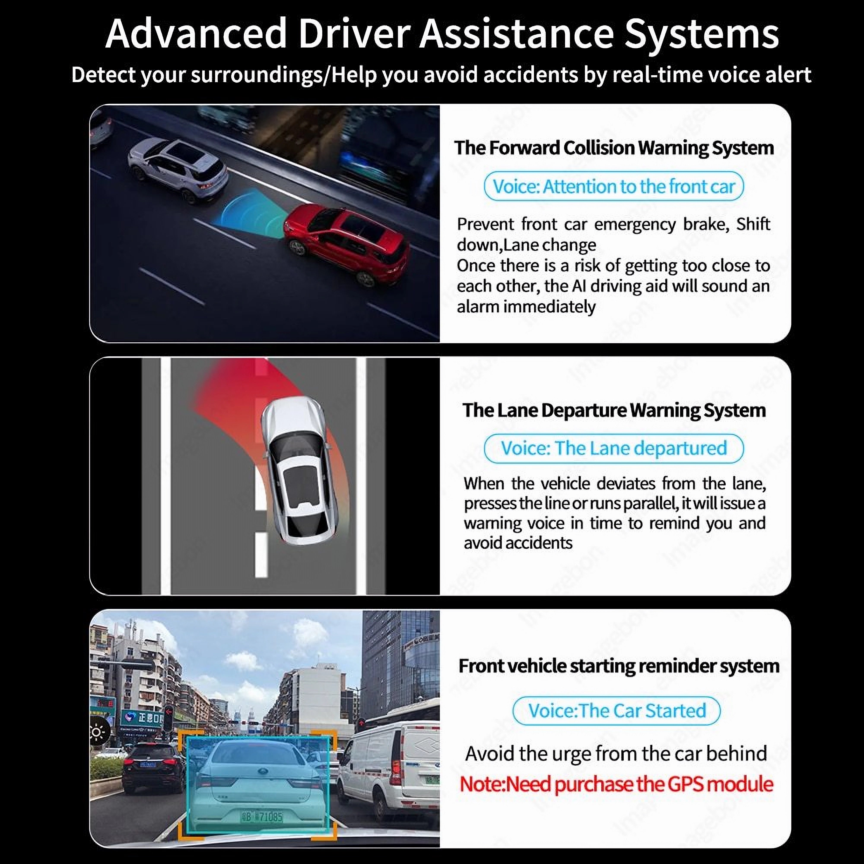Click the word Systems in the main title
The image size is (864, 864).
pyautogui.click(x=701, y=34)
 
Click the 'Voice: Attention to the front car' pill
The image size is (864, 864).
pyautogui.click(x=614, y=186)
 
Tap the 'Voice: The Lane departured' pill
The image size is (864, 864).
pyautogui.click(x=614, y=448)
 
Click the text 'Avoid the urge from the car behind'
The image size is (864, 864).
pyautogui.click(x=616, y=754)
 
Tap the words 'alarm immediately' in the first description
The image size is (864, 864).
pyautogui.click(x=526, y=307)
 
